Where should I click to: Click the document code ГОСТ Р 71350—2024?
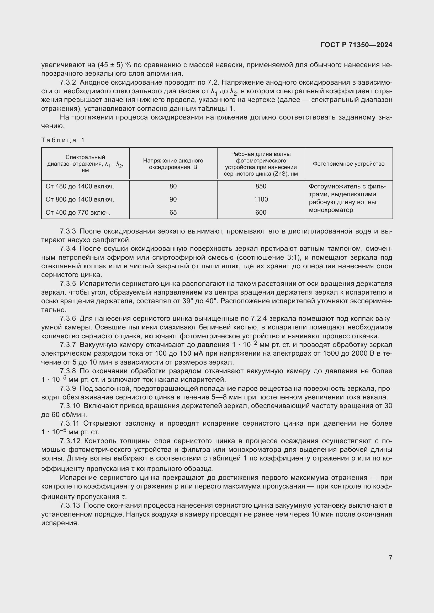coord(356,45)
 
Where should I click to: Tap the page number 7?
coord(390,557)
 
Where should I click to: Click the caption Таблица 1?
coord(63,140)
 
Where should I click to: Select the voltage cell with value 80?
coord(173,186)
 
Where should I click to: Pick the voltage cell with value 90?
coord(173,199)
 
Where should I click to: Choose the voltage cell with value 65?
coord(173,213)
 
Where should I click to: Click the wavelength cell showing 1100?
coord(261,199)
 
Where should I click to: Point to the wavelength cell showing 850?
coord(261,186)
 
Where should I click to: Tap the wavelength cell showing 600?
coord(261,213)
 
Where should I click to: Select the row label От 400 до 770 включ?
coord(78,213)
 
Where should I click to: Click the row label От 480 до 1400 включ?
coord(80,186)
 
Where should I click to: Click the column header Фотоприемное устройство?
coord(348,164)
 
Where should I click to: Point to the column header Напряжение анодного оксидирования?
coord(173,164)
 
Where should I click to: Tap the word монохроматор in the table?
coord(331,210)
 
